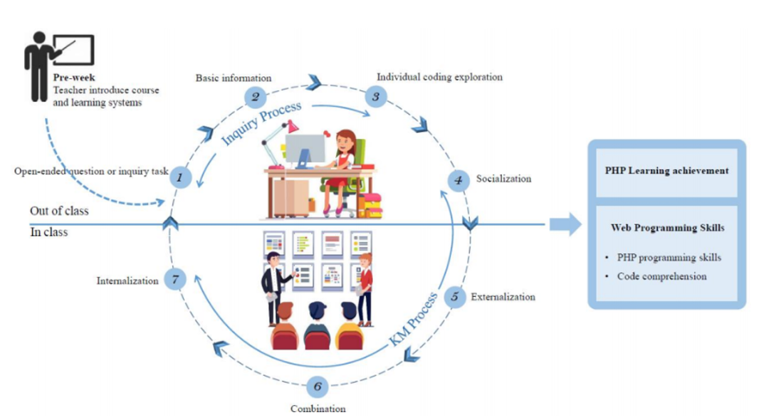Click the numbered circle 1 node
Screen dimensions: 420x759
(x=180, y=177)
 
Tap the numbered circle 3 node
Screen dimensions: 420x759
(x=376, y=96)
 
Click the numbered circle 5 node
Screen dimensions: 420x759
(x=454, y=297)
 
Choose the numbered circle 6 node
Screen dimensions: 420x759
(x=318, y=387)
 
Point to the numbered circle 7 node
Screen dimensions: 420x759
(x=175, y=279)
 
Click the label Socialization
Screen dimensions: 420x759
(x=503, y=179)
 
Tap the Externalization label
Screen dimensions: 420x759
(x=503, y=297)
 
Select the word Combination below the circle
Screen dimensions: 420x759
(x=318, y=409)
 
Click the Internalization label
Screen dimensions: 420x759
(x=127, y=280)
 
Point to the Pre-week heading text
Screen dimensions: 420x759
(x=75, y=78)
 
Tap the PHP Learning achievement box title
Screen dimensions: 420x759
(x=666, y=171)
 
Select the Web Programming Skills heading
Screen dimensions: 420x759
(x=667, y=228)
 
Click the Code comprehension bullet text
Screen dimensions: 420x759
(x=661, y=276)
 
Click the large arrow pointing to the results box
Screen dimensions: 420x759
(x=565, y=225)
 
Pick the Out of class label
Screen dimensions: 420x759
(x=59, y=211)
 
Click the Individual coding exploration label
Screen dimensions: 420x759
(x=439, y=77)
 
